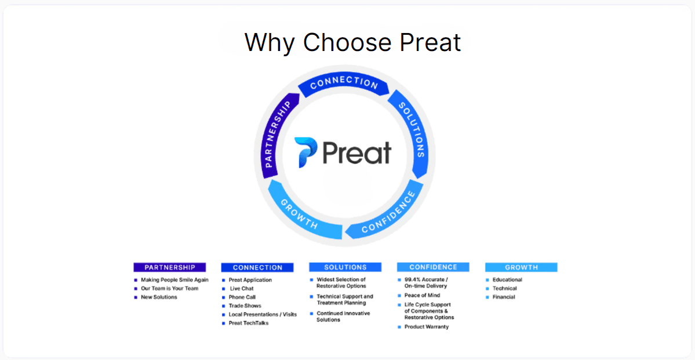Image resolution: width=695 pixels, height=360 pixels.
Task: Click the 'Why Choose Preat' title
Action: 352,43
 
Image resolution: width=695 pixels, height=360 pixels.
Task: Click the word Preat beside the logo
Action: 356,153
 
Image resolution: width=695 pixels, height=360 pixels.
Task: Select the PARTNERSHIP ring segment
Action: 276,133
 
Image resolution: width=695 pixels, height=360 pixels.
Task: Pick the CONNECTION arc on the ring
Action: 344,84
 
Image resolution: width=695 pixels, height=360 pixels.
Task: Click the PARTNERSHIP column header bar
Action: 169,267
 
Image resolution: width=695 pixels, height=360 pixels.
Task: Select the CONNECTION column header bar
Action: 257,268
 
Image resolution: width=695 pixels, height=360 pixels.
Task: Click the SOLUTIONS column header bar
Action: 345,267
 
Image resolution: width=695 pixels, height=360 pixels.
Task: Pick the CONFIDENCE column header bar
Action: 433,267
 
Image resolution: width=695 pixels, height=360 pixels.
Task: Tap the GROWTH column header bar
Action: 521,267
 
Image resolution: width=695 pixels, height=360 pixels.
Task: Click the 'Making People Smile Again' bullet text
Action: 174,280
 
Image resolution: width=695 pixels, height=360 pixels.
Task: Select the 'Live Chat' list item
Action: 242,289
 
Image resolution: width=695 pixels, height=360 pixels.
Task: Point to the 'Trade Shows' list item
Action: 245,306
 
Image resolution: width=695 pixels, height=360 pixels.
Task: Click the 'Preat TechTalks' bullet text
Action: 248,323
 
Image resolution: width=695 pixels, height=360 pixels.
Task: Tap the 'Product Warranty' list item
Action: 427,327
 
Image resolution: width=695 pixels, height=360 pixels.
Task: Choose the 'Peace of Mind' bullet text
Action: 422,296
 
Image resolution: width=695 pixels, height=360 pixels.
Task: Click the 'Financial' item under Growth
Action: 504,297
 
